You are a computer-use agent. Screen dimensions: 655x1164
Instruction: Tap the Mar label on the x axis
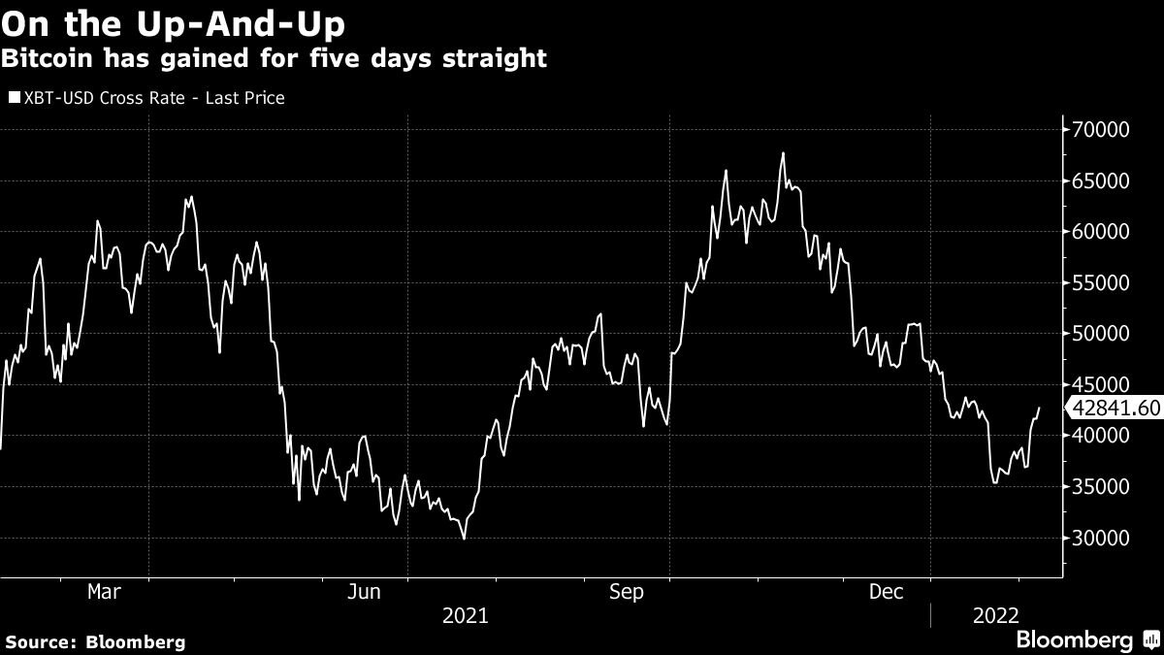[105, 591]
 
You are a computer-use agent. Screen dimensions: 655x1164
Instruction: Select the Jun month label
[364, 591]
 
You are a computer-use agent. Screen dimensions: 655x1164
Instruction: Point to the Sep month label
[626, 591]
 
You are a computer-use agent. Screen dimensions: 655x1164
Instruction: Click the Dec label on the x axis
[887, 591]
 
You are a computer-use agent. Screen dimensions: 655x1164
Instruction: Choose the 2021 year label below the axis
[466, 615]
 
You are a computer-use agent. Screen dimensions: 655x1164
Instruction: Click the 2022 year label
[996, 615]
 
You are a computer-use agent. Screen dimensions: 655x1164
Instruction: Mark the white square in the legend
[14, 98]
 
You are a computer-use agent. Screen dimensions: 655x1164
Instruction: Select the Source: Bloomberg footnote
[95, 641]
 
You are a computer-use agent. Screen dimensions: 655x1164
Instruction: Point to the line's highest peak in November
[783, 153]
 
